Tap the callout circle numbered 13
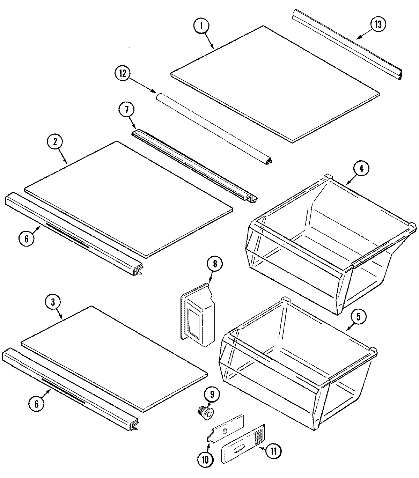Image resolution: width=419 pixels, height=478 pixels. (x=378, y=25)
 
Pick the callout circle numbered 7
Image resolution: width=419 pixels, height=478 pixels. (x=126, y=110)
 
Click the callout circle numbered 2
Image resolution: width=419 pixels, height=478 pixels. (x=56, y=142)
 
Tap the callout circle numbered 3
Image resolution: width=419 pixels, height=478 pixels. (x=53, y=302)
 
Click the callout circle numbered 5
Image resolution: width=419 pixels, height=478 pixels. (x=361, y=317)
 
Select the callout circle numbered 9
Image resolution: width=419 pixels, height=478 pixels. (x=213, y=395)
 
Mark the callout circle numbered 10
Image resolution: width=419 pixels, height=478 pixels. (x=205, y=460)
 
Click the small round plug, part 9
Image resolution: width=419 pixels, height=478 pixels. (x=204, y=412)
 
